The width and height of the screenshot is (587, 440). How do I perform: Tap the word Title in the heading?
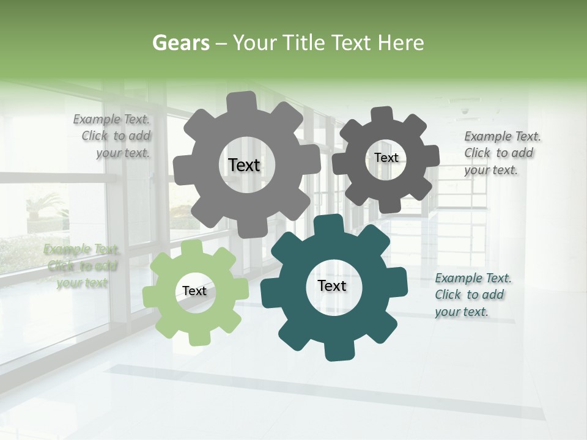coord(304,43)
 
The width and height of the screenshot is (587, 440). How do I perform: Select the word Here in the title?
coord(401,43)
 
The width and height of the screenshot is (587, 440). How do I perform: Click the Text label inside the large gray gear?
coord(244,165)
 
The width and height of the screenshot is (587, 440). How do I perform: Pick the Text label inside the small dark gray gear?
coord(386,158)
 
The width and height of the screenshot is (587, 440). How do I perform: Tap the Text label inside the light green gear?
coord(194,291)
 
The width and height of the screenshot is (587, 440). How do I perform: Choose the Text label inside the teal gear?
coord(332,286)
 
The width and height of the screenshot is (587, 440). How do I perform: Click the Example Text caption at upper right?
coord(501,153)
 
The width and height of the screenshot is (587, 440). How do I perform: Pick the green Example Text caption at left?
coord(82,266)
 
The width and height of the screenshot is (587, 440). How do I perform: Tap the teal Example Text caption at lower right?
coord(472,295)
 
